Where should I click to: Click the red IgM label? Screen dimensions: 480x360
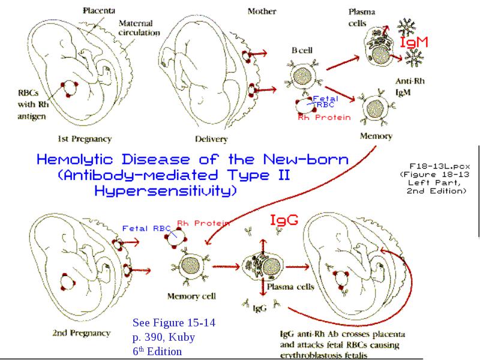(414, 42)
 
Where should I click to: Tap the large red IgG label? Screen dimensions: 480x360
(284, 220)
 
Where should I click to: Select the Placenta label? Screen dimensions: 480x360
(99, 11)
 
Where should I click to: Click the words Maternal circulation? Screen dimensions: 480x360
(139, 28)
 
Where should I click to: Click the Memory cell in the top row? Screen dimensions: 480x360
(376, 109)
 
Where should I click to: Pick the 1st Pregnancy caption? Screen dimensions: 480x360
(85, 139)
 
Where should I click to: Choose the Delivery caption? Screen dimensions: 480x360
(211, 139)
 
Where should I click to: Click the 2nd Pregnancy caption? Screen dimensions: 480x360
(82, 333)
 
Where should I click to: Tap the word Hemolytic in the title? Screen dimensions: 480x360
(74, 160)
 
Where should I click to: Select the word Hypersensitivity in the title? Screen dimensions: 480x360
(166, 191)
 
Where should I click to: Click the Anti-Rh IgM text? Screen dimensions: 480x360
(410, 86)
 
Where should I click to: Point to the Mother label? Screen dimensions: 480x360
(262, 11)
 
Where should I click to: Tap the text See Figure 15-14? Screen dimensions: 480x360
(174, 323)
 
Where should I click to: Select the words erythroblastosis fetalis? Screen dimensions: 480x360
(323, 356)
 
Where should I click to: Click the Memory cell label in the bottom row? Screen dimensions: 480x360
(191, 296)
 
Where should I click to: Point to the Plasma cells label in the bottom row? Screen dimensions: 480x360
(290, 287)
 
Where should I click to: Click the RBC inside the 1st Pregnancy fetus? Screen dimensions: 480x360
(69, 88)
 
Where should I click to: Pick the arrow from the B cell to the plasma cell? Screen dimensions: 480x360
(343, 63)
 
